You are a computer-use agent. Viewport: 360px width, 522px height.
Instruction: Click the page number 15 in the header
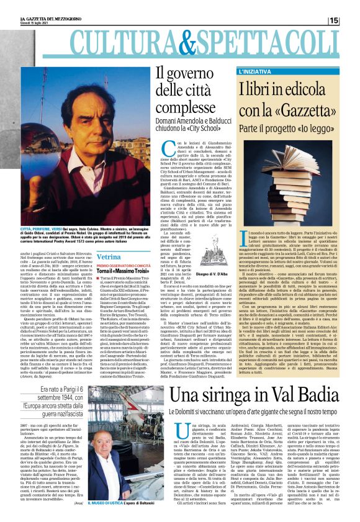coord(351,20)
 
